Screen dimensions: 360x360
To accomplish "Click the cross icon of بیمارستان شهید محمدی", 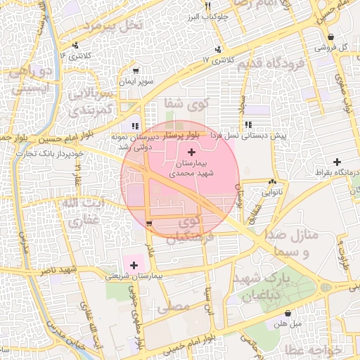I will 192,153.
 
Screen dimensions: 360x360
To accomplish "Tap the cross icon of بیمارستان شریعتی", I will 134,265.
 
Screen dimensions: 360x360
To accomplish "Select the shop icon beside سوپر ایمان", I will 136,71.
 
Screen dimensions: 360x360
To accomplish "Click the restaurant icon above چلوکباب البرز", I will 207,7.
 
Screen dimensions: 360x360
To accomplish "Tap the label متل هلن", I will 288,324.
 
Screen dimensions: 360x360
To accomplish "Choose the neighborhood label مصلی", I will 176,307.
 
